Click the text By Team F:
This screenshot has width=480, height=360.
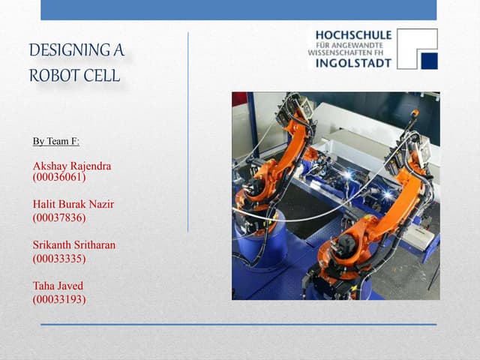coord(56,141)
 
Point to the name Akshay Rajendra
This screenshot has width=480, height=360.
coord(72,166)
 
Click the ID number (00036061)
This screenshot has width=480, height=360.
coord(59,178)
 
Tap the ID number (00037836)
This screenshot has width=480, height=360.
coord(59,217)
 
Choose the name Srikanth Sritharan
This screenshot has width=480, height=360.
coord(74,245)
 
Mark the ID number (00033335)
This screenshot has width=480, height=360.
coord(59,258)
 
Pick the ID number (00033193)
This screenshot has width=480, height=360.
coord(59,298)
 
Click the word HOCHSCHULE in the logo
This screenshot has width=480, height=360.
coord(353,35)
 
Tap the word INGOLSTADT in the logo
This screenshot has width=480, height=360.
coord(353,63)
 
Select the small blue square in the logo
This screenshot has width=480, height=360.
coord(428,60)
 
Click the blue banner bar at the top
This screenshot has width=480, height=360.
coord(238,10)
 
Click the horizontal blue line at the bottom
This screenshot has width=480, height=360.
coord(238,324)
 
